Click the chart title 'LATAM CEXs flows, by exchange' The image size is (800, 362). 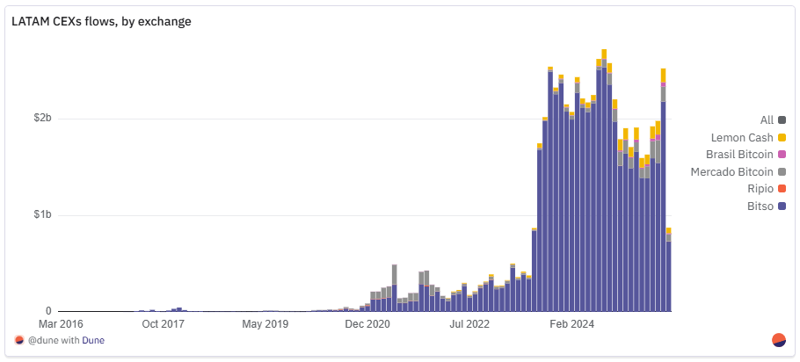point(101,22)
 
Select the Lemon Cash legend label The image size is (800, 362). point(742,137)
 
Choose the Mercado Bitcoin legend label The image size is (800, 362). point(731,171)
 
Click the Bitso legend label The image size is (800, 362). point(760,206)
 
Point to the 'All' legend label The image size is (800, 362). point(767,119)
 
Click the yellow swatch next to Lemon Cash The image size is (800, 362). point(782,137)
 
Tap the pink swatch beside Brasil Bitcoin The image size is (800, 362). point(782,155)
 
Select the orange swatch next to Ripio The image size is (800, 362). point(782,189)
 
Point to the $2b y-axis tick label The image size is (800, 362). point(42,119)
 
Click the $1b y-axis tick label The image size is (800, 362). point(42,215)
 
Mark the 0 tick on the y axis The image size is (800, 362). point(48,311)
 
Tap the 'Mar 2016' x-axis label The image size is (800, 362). point(61,324)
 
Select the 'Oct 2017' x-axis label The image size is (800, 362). point(164,324)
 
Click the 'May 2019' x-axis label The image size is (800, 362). point(265,324)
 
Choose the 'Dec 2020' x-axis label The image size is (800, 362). point(367,324)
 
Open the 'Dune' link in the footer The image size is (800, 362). point(93,340)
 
